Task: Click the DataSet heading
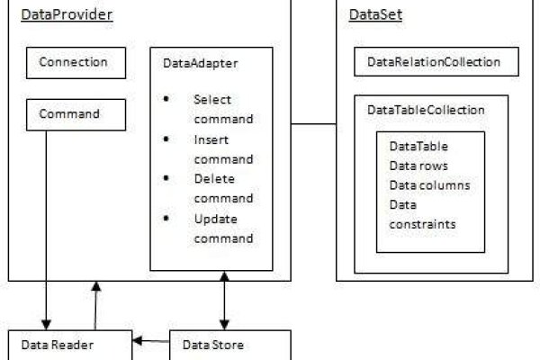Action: click(x=375, y=16)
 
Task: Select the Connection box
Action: click(x=74, y=63)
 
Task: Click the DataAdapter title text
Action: click(x=200, y=64)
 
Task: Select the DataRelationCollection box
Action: click(x=433, y=62)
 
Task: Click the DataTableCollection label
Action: click(x=427, y=110)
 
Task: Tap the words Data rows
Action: click(x=418, y=166)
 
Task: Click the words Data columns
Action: click(x=429, y=185)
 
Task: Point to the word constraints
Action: click(x=420, y=222)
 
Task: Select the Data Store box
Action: click(x=229, y=346)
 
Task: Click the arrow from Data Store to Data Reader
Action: click(x=152, y=341)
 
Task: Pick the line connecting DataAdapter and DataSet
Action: click(x=304, y=123)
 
